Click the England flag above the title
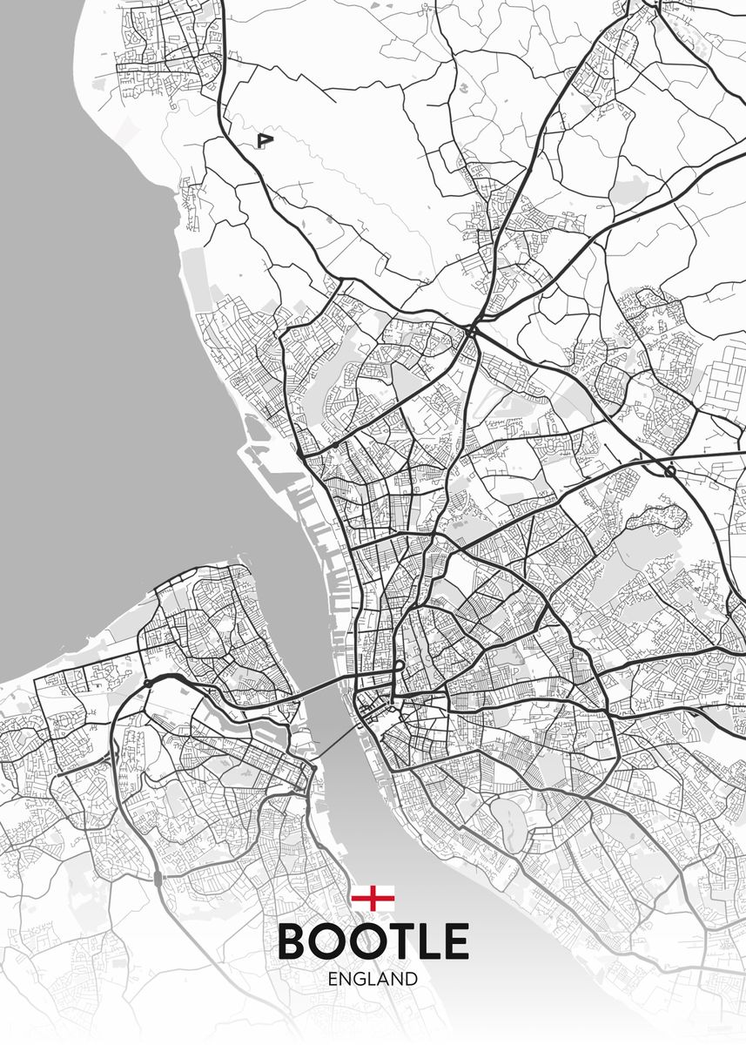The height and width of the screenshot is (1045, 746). [373, 898]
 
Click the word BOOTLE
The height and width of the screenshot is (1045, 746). [373, 941]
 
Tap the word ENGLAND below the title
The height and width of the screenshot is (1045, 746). [373, 979]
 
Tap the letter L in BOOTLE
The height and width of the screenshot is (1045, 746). [428, 941]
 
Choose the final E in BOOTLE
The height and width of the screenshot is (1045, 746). [456, 941]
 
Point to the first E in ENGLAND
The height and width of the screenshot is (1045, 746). [334, 979]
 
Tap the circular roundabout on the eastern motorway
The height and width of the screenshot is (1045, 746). [669, 471]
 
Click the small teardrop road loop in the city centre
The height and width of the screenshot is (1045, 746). [399, 667]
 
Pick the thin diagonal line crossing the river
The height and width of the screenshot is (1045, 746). [335, 740]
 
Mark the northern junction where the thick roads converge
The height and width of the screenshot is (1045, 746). [471, 331]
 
